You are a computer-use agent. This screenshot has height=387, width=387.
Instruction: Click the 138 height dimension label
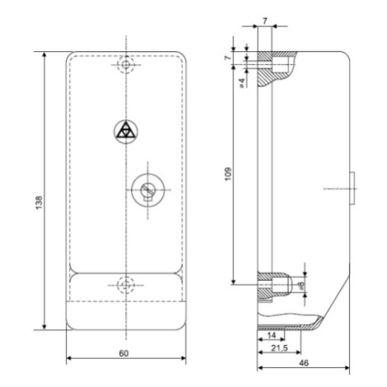click(x=40, y=203)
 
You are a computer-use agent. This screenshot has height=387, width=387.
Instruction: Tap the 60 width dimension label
click(x=124, y=354)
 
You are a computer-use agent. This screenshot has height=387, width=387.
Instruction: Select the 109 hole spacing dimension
click(x=228, y=174)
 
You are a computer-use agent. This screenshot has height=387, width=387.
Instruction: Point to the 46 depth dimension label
click(x=304, y=363)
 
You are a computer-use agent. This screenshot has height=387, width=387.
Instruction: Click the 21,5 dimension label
click(x=279, y=348)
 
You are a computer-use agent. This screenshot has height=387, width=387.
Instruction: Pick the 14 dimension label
click(x=271, y=335)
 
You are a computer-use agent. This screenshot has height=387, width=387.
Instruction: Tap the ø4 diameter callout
click(x=241, y=82)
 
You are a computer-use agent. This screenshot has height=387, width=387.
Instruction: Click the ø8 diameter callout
click(x=301, y=286)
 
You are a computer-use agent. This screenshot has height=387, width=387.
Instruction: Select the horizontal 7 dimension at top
click(x=265, y=21)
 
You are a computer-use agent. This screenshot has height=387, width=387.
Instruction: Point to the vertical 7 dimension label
click(x=227, y=58)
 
